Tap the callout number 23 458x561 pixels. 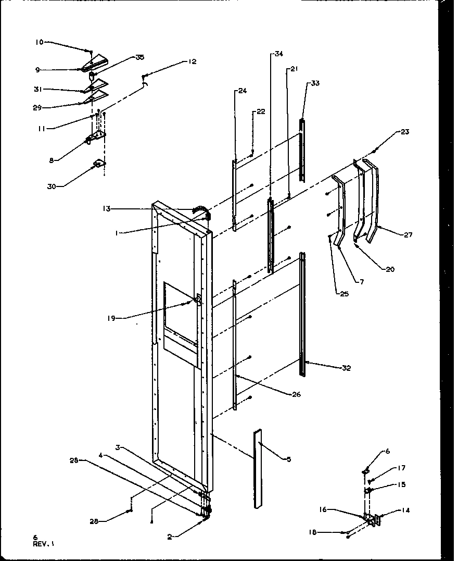pos(404,132)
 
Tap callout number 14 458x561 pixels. pos(405,510)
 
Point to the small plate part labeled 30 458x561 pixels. pos(98,165)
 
